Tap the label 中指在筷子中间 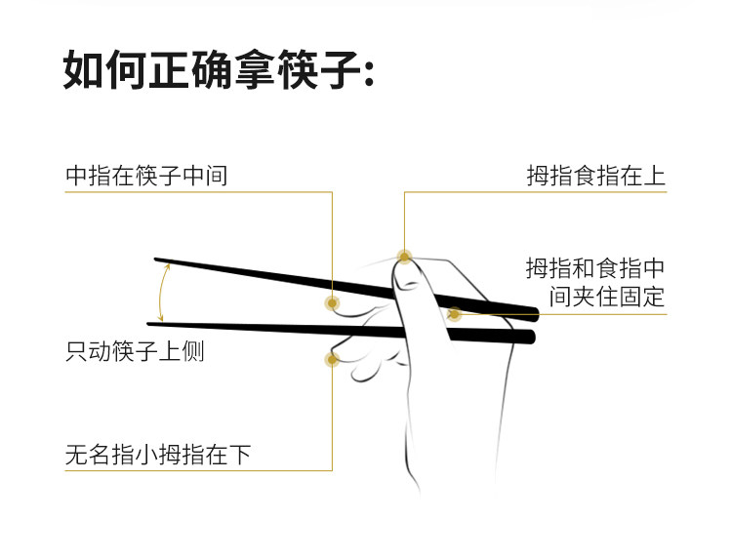coord(146,176)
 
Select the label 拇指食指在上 coord(596,176)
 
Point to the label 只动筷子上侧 coord(135,351)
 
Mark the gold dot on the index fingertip coord(404,257)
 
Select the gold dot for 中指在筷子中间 coord(332,302)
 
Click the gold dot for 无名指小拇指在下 coord(332,359)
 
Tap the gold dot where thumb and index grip coord(454,313)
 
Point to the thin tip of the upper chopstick coord(158,260)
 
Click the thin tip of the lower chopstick coord(151,323)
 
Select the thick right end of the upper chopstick coord(534,313)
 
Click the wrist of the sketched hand coord(459,459)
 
